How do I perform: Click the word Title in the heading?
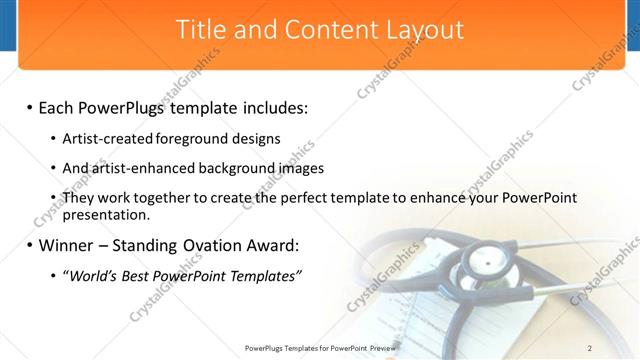[201, 30]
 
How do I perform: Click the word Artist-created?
[108, 139]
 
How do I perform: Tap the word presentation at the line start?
[106, 214]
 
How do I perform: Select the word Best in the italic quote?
[140, 276]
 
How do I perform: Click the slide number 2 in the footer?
[590, 347]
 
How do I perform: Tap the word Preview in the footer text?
[380, 347]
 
